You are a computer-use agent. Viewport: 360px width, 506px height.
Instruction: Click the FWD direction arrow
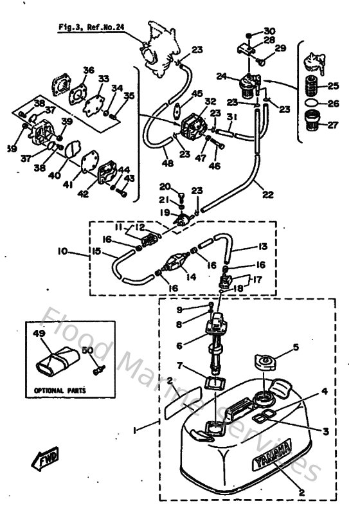[40, 460]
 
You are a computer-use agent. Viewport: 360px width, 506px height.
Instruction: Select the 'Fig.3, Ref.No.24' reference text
[92, 28]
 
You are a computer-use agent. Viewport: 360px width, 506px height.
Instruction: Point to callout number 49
[37, 334]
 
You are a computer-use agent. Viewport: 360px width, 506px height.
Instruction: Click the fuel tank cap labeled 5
[264, 361]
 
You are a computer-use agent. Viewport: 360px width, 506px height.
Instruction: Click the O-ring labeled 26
[310, 102]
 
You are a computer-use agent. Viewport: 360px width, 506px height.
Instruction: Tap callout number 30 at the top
[268, 30]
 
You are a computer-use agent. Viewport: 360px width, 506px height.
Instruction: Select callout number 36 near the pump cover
[88, 70]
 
